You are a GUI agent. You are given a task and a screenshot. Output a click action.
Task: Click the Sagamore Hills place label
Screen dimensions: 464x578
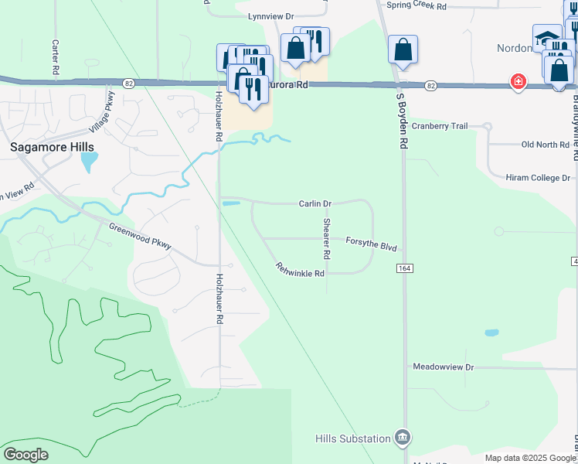[52, 147]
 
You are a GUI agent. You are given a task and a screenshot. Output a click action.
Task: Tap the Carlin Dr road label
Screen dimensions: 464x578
[315, 203]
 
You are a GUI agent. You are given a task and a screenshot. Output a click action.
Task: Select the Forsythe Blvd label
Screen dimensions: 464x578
[371, 244]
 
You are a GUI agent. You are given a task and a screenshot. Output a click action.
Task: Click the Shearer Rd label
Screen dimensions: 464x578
[327, 238]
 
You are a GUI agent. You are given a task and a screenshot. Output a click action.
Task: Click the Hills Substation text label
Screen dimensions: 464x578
[353, 438]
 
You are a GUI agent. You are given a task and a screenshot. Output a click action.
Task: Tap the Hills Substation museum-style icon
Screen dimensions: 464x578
[402, 438]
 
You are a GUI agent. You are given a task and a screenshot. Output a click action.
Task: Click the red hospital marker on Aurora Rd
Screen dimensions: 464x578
[517, 81]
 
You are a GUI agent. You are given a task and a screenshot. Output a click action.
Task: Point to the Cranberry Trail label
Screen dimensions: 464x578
[440, 126]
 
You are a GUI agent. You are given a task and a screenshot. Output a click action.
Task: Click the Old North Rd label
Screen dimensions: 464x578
[546, 145]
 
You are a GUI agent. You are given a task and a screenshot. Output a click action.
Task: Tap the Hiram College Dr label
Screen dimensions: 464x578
[538, 177]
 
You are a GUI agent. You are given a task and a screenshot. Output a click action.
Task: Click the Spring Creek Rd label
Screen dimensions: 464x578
[417, 5]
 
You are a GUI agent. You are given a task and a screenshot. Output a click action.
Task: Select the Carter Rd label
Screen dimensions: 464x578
[56, 53]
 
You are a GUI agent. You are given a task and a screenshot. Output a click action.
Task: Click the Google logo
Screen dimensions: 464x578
[25, 455]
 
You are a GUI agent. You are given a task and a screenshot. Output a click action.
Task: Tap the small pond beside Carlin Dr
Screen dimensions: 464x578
[231, 203]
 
